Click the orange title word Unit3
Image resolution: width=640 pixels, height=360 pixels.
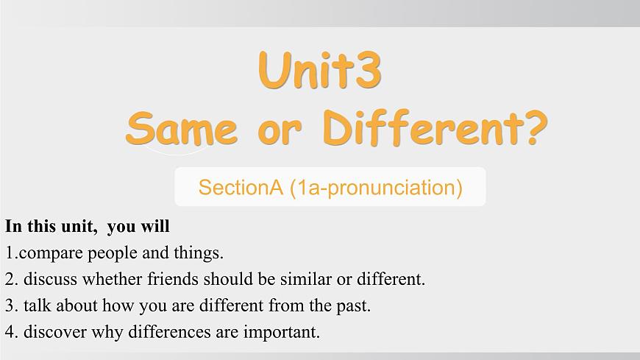[x=319, y=71]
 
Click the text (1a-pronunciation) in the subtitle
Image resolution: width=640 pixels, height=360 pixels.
[x=376, y=187]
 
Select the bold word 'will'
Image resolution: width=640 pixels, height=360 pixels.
[x=154, y=226]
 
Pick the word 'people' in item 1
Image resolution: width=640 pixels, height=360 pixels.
[x=111, y=253]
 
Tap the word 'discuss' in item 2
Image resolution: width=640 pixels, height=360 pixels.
[x=51, y=280]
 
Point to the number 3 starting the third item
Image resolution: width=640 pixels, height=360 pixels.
[x=9, y=306]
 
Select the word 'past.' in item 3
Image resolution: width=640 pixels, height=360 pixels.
[x=352, y=306]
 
